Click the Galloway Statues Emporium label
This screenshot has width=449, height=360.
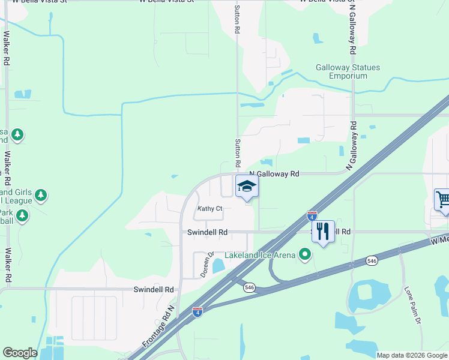(x=348, y=71)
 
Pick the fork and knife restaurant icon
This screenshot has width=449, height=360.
(x=323, y=232)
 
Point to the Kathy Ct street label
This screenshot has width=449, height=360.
(x=210, y=209)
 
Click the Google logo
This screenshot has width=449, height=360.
(x=20, y=353)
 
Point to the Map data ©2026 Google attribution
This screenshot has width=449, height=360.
(x=412, y=355)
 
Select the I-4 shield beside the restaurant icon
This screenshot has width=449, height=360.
(x=312, y=214)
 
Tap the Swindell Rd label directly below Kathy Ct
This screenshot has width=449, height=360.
(x=207, y=232)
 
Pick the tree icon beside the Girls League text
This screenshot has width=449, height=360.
(x=41, y=194)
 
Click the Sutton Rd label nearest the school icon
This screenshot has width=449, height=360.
(x=238, y=153)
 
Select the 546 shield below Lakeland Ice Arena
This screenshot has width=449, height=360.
(x=249, y=288)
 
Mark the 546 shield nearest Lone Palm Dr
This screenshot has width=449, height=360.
(x=372, y=261)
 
